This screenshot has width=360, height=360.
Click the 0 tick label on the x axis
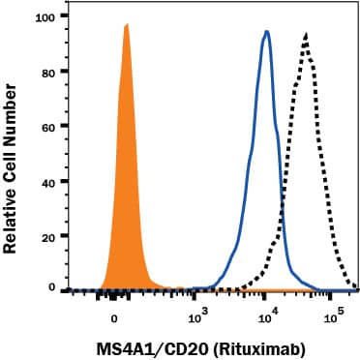click(x=114, y=315)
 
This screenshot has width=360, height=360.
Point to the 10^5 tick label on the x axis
click(x=334, y=314)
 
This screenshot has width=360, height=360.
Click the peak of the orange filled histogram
click(x=126, y=25)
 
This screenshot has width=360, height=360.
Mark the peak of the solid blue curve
click(x=266, y=32)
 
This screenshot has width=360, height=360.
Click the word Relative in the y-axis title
click(x=16, y=219)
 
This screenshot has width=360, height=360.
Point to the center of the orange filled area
click(x=126, y=194)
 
